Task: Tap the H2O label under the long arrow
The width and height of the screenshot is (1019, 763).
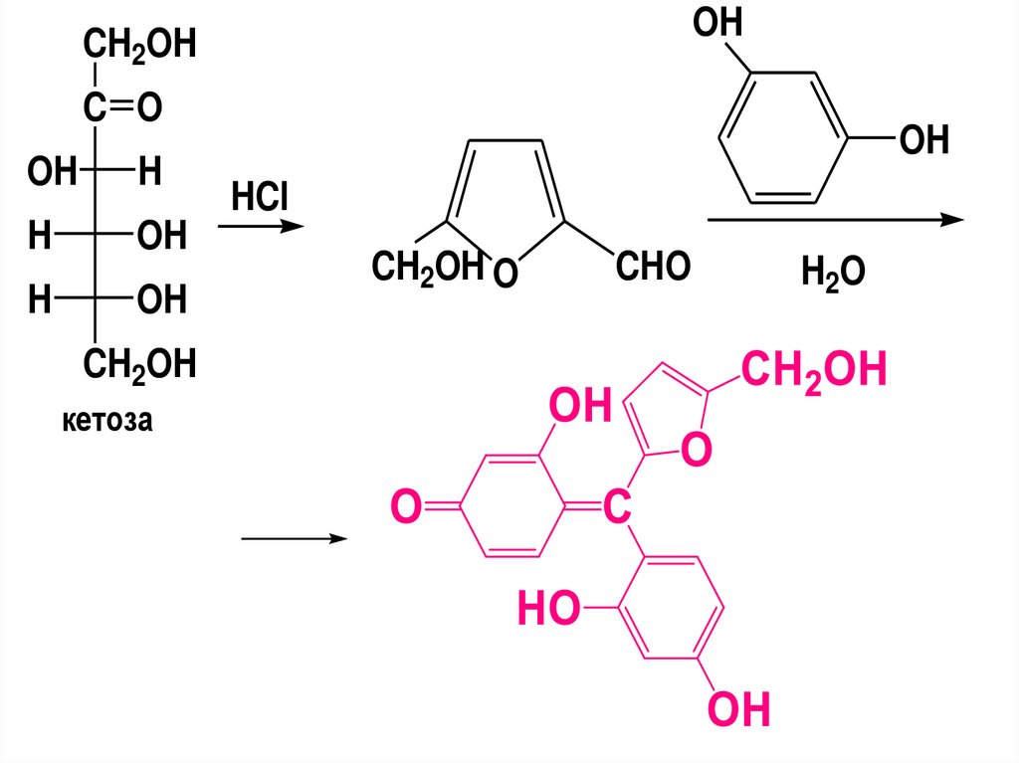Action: pyautogui.click(x=833, y=270)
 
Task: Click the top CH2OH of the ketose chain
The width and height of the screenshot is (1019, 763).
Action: pyautogui.click(x=139, y=46)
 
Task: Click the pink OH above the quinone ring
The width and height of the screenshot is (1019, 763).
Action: pyautogui.click(x=577, y=407)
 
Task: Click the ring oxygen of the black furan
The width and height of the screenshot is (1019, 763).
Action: pyautogui.click(x=506, y=271)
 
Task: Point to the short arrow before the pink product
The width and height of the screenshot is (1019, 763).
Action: pyautogui.click(x=294, y=538)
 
